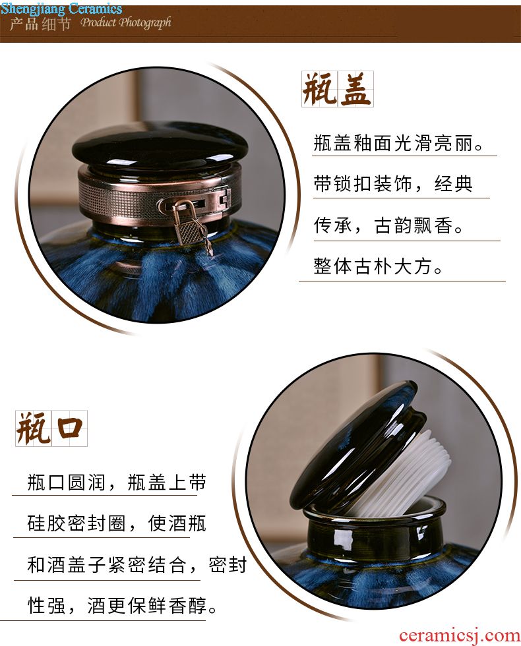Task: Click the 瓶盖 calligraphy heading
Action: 337,89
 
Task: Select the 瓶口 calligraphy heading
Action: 51,428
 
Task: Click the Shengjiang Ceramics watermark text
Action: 61,8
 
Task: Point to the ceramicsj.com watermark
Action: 459,635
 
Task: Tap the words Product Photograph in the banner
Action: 126,22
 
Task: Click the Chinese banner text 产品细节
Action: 40,24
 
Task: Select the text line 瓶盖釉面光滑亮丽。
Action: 398,144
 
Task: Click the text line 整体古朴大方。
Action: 378,266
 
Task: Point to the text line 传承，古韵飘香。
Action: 388,225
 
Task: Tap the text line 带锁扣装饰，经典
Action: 393,184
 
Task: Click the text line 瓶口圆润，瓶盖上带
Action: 117,483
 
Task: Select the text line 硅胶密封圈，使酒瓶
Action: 117,523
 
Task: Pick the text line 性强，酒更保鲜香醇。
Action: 122,606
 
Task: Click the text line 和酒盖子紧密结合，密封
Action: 137,564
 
